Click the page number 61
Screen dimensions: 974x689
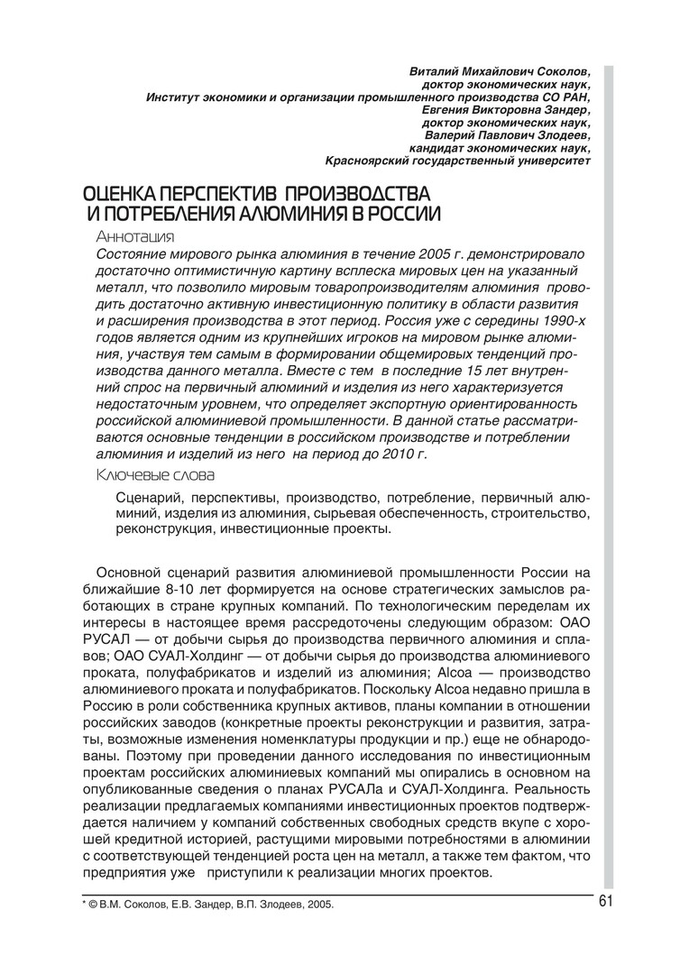click(604, 905)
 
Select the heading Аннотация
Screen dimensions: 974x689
click(134, 237)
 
